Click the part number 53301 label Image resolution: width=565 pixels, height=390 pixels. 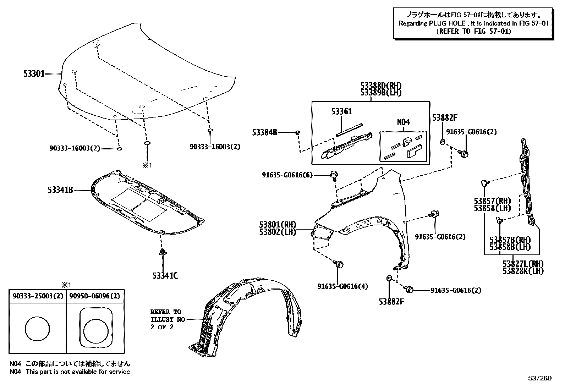(x=34, y=74)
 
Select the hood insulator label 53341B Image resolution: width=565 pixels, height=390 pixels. (x=60, y=190)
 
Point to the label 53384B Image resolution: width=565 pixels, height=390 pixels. (x=264, y=132)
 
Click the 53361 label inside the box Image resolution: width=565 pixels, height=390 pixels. (x=341, y=111)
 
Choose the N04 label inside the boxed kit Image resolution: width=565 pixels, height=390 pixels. (x=403, y=122)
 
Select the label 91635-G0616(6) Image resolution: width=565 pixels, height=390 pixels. (x=287, y=175)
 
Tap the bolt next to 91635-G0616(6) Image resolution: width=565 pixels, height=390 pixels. (x=334, y=175)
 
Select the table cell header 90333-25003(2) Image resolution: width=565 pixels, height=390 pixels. (x=38, y=296)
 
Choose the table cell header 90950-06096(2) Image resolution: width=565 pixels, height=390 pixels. (x=95, y=296)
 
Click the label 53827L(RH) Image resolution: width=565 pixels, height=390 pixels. (x=523, y=264)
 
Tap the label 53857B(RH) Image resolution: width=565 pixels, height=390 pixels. (x=510, y=240)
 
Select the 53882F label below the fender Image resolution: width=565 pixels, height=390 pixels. (x=391, y=302)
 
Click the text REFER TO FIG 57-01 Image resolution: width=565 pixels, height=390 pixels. (x=473, y=31)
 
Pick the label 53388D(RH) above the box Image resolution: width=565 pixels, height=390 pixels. (x=381, y=86)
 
